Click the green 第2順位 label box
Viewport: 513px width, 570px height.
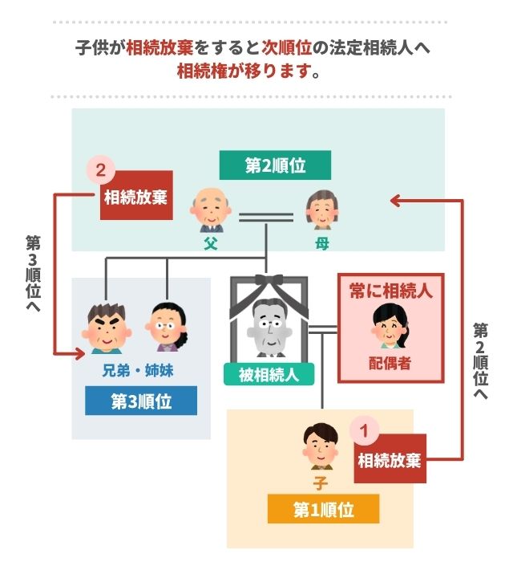tap(264, 166)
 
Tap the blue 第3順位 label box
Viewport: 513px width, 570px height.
tap(141, 400)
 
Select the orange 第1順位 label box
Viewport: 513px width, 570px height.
tap(323, 508)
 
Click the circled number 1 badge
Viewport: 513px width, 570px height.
tap(364, 430)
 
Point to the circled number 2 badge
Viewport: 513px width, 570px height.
tap(100, 170)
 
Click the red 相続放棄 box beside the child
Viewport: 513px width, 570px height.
tap(390, 460)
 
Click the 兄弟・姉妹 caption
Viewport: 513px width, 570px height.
tap(139, 371)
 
